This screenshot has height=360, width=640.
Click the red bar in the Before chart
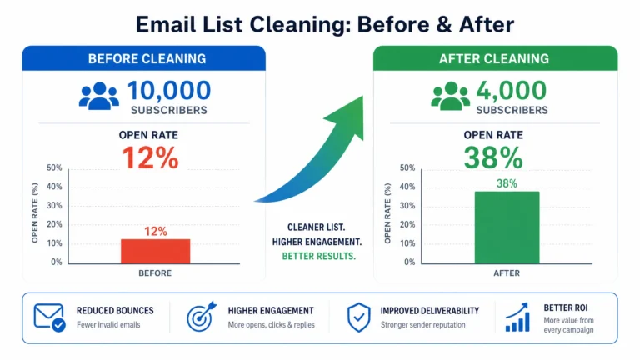click(x=156, y=251)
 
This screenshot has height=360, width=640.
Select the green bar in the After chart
click(x=507, y=227)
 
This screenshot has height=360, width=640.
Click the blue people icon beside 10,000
click(x=99, y=97)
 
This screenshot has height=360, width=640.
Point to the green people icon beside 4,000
click(x=451, y=97)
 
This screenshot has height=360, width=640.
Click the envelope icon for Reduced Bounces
click(x=49, y=317)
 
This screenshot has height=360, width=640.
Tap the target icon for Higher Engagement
click(x=201, y=317)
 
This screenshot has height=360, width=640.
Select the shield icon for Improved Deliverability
click(x=359, y=317)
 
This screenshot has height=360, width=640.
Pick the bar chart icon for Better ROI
click(x=517, y=317)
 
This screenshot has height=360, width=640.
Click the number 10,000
click(x=169, y=91)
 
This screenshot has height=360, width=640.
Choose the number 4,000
click(x=512, y=91)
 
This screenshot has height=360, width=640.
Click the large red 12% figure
click(x=151, y=157)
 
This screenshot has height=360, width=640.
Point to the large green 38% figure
click(x=493, y=157)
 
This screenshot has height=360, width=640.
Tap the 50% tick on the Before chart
click(x=54, y=167)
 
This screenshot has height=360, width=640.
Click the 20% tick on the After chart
click(x=407, y=224)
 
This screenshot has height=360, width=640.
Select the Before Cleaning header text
click(x=147, y=59)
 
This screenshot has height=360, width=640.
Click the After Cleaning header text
click(x=494, y=59)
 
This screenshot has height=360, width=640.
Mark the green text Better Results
click(x=319, y=257)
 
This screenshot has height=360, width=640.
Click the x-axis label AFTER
click(x=507, y=273)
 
